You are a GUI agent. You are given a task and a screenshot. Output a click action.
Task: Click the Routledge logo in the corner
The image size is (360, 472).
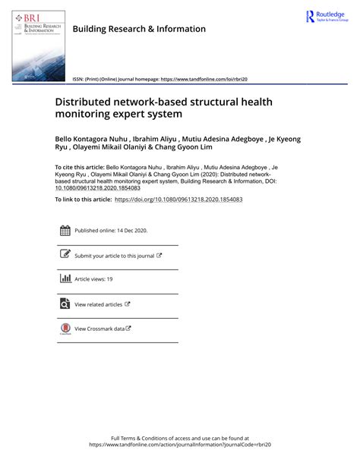point(326,17)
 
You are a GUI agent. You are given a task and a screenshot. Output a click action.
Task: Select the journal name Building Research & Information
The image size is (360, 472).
point(139,29)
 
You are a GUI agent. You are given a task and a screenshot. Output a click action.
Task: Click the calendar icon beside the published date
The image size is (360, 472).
point(65,231)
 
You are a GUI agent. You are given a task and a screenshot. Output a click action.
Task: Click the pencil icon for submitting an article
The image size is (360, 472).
point(65,255)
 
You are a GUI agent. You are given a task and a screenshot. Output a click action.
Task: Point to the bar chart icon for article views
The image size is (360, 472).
point(65,279)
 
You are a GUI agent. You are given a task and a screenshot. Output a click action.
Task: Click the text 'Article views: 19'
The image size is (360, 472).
point(93,279)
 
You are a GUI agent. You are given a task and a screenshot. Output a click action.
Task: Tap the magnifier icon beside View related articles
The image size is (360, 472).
point(65,304)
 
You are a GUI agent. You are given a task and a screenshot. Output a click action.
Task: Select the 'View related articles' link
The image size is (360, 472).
point(98,304)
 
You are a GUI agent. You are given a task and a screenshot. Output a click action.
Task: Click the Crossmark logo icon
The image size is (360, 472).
point(65,329)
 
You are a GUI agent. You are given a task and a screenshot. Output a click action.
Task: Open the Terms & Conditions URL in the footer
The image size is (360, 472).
point(179,445)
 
